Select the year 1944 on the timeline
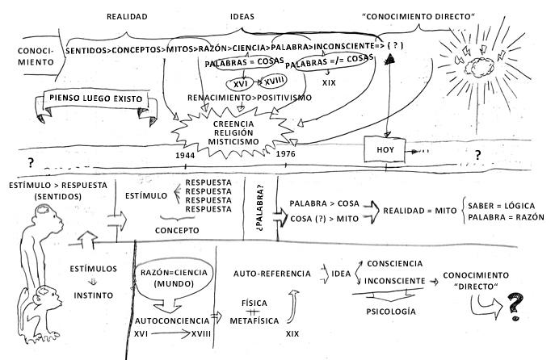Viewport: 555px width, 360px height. tap(185, 153)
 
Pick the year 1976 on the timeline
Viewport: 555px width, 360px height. tap(285, 153)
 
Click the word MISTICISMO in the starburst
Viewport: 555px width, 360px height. tap(235, 140)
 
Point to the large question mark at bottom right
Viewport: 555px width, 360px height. tap(513, 307)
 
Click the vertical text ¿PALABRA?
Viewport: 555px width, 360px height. tap(261, 200)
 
